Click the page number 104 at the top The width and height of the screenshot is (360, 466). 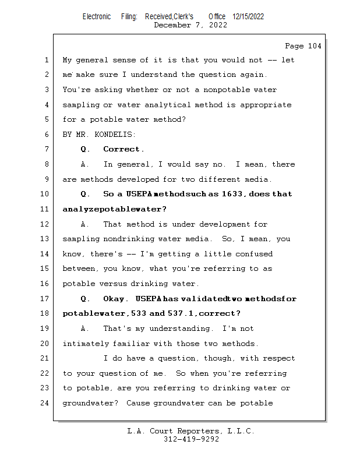click(x=315, y=46)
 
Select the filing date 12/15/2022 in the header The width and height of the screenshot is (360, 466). click(x=248, y=17)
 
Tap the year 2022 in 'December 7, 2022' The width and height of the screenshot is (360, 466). click(x=218, y=25)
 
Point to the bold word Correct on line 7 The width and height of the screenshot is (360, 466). click(x=121, y=149)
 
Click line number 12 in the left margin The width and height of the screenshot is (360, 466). click(x=45, y=224)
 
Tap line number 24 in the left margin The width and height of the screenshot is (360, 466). click(x=45, y=403)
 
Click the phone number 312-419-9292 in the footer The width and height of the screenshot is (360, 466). click(x=192, y=439)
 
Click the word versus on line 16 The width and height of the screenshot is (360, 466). click(x=113, y=284)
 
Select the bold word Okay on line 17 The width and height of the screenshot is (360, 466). click(x=114, y=299)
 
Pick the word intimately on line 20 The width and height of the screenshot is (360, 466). click(x=86, y=344)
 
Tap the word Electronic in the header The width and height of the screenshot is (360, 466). click(x=97, y=17)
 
